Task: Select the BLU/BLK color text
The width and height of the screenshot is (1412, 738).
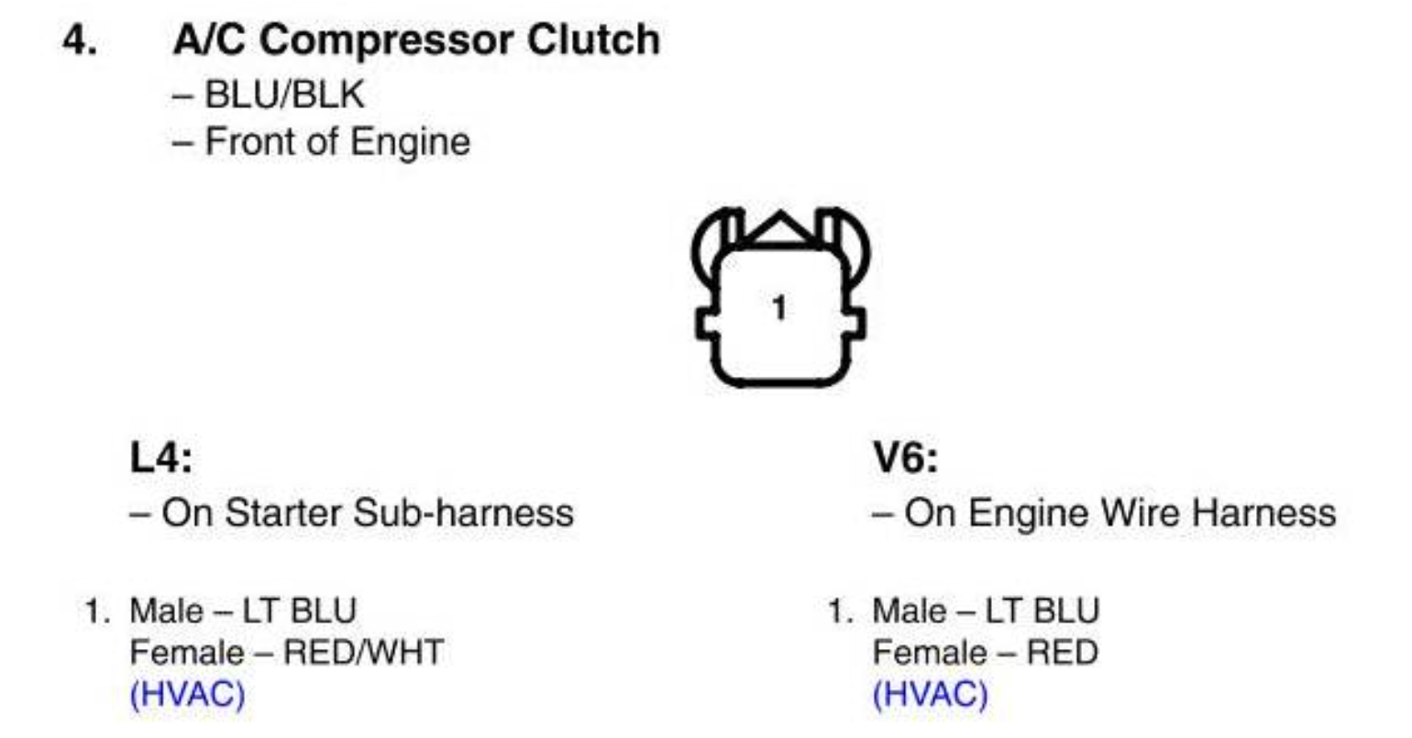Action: pyautogui.click(x=284, y=94)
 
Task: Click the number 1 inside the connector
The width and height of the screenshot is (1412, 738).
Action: pyautogui.click(x=779, y=308)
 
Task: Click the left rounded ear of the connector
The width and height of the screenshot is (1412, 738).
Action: pyautogui.click(x=711, y=243)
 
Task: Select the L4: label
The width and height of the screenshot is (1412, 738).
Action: pyautogui.click(x=161, y=457)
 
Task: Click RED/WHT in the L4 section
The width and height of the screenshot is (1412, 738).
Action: pyautogui.click(x=363, y=653)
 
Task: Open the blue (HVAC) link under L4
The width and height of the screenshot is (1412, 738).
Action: pyautogui.click(x=188, y=694)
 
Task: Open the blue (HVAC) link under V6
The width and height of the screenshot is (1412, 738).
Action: pyautogui.click(x=931, y=694)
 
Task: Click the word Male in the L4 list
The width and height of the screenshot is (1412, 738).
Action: pyautogui.click(x=166, y=611)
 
